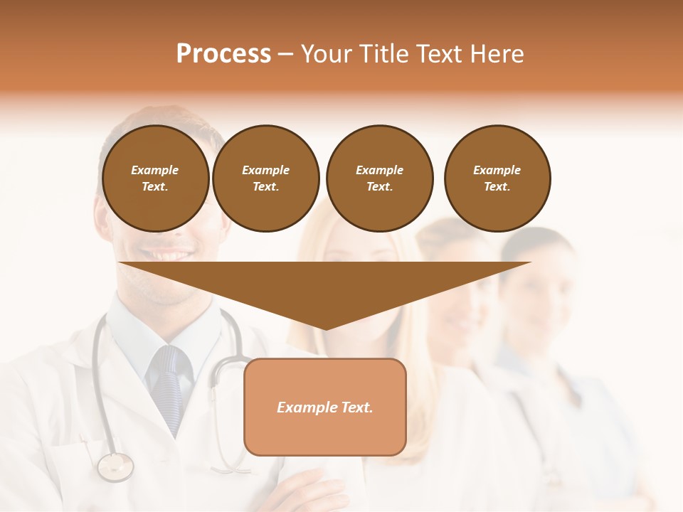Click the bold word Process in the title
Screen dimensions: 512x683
coord(223,54)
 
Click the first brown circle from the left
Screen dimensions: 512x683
coord(155,178)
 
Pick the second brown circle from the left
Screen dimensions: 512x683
coord(265,178)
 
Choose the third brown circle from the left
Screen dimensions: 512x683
coord(379,178)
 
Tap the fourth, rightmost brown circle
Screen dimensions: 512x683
coord(497,178)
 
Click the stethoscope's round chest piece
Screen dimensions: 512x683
coord(115,467)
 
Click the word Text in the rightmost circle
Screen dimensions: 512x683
coord(497,186)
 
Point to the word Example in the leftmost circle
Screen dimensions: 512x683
coord(155,170)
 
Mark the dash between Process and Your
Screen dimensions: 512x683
coord(285,54)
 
